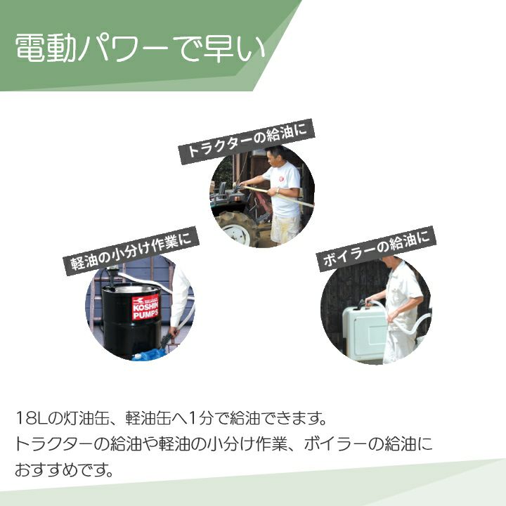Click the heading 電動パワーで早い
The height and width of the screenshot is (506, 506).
141,48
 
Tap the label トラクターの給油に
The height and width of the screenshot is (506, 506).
247,142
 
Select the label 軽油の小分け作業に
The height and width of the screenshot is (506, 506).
131,251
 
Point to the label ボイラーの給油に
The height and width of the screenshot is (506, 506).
377,249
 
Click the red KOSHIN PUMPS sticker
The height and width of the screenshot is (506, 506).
145,307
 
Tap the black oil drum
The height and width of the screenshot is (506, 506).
131,320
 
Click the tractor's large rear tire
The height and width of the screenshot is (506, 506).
237,227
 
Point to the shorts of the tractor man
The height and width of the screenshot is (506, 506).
285,228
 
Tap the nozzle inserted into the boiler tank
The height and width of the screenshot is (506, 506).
364,304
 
